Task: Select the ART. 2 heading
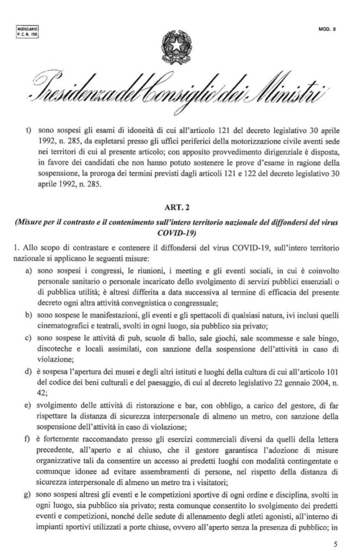(x=179, y=207)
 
